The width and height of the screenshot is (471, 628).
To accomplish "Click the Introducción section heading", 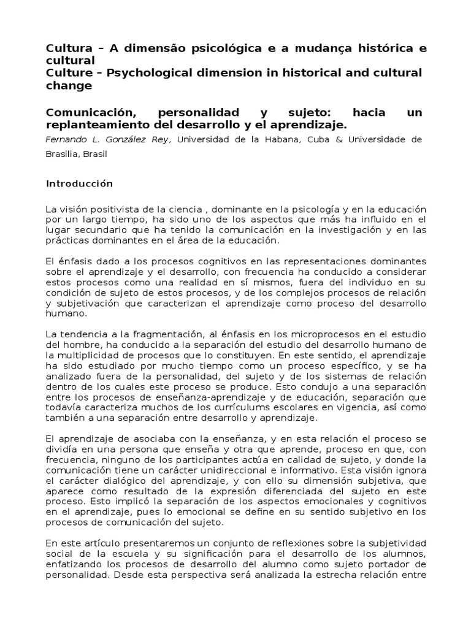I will coord(80,183).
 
